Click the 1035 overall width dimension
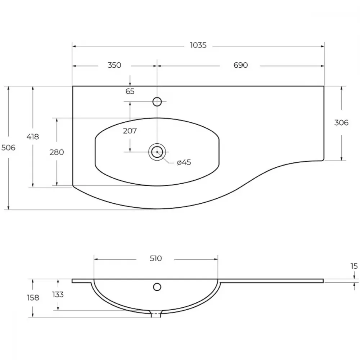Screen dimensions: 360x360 198,45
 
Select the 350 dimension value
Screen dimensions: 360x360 114,65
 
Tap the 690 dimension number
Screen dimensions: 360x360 240,65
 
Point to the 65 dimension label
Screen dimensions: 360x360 130,91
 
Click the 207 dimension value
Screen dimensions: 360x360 130,131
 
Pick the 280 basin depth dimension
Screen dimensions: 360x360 57,152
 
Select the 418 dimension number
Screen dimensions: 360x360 33,137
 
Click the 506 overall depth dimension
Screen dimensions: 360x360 8,148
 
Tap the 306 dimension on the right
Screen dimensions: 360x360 341,123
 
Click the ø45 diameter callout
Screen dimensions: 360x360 184,162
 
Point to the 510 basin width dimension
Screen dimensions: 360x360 156,258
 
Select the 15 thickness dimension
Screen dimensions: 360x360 354,266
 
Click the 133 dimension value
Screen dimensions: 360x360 58,294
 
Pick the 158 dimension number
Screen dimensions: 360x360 33,298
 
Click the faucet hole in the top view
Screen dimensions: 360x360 157,102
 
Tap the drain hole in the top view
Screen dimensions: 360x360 157,152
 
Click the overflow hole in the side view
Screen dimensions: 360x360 157,287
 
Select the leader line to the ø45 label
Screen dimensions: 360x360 166,159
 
